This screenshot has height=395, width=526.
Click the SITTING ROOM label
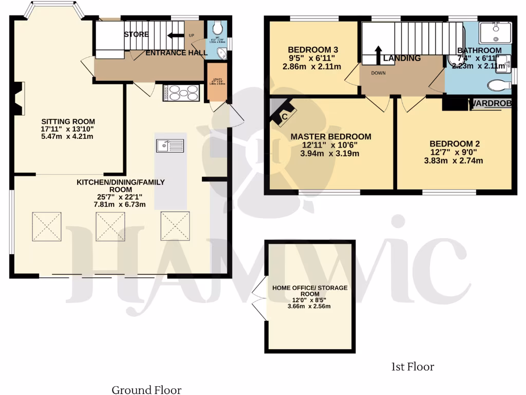[68, 121]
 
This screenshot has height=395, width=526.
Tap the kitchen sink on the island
[170, 146]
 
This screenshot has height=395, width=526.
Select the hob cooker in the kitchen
[181, 93]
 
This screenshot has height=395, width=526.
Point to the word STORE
[136, 34]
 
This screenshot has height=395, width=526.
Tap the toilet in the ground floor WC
[217, 27]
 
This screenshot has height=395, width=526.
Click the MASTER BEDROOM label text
[330, 136]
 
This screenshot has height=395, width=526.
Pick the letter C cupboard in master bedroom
[283, 116]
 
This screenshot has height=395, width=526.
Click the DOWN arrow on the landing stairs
[379, 54]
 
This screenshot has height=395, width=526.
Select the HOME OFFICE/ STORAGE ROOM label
[310, 291]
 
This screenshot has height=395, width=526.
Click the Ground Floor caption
[146, 390]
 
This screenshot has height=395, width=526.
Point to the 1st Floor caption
[412, 367]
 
